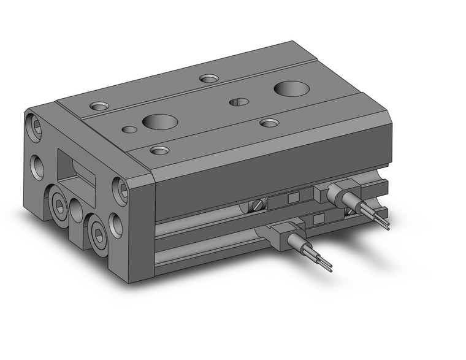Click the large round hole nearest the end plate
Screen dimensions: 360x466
160,121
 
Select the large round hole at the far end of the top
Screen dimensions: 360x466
291,88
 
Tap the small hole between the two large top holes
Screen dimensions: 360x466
239,102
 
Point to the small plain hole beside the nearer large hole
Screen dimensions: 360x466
129,129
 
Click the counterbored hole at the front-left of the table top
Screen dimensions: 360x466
159,150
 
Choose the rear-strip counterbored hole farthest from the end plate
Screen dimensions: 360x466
208,79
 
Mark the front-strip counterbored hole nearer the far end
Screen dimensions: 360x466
269,123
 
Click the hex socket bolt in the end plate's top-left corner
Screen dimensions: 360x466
36,128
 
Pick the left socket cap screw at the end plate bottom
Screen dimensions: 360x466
59,207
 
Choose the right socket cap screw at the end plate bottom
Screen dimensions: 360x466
99,232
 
